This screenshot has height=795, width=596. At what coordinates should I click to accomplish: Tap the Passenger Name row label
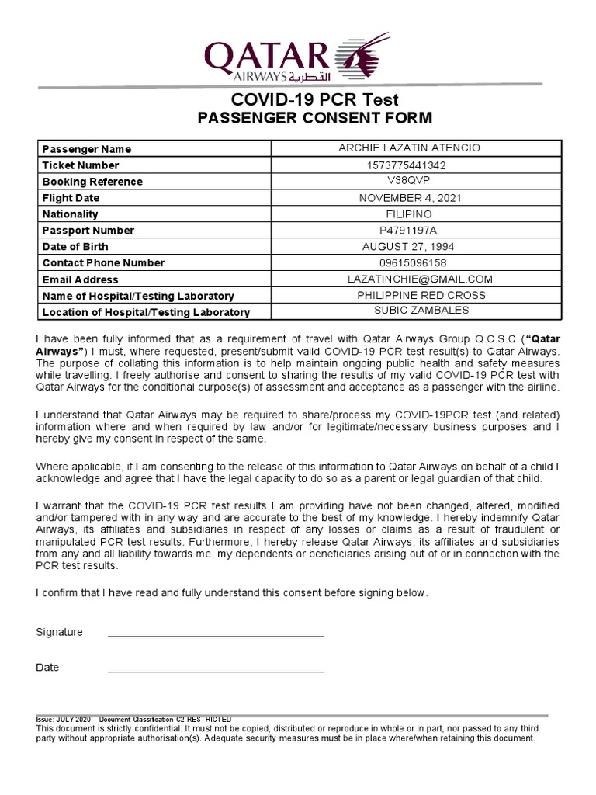pyautogui.click(x=87, y=149)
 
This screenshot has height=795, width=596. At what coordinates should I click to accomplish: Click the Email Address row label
pyautogui.click(x=81, y=279)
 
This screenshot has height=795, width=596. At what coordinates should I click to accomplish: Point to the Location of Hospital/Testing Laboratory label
pyautogui.click(x=146, y=312)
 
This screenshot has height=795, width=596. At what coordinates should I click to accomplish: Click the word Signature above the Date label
pyautogui.click(x=59, y=632)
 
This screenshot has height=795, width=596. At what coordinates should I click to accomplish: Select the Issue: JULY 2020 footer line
pyautogui.click(x=133, y=720)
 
